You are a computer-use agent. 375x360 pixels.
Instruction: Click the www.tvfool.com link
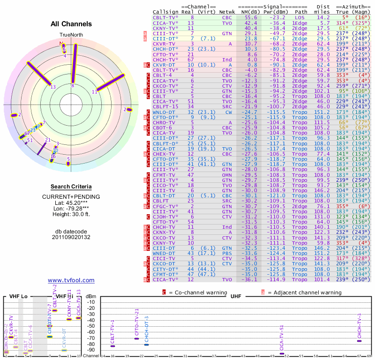pyautogui.click(x=71, y=280)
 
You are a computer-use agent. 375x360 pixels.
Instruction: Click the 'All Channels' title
pyautogui.click(x=71, y=24)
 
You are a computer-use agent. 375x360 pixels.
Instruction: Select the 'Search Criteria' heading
pyautogui.click(x=71, y=187)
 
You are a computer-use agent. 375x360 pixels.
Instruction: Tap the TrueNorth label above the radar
pyautogui.click(x=71, y=35)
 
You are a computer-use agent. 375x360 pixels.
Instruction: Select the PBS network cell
pyautogui.click(x=227, y=253)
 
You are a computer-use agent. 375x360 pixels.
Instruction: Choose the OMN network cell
pyautogui.click(x=227, y=174)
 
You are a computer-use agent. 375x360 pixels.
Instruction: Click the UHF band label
pyautogui.click(x=235, y=297)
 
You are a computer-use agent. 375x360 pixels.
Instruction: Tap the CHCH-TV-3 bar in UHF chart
pyautogui.click(x=359, y=341)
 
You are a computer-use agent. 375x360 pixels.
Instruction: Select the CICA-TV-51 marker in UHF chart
pyautogui.click(x=282, y=353)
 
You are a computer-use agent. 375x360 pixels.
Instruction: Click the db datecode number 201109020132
pyautogui.click(x=71, y=237)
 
